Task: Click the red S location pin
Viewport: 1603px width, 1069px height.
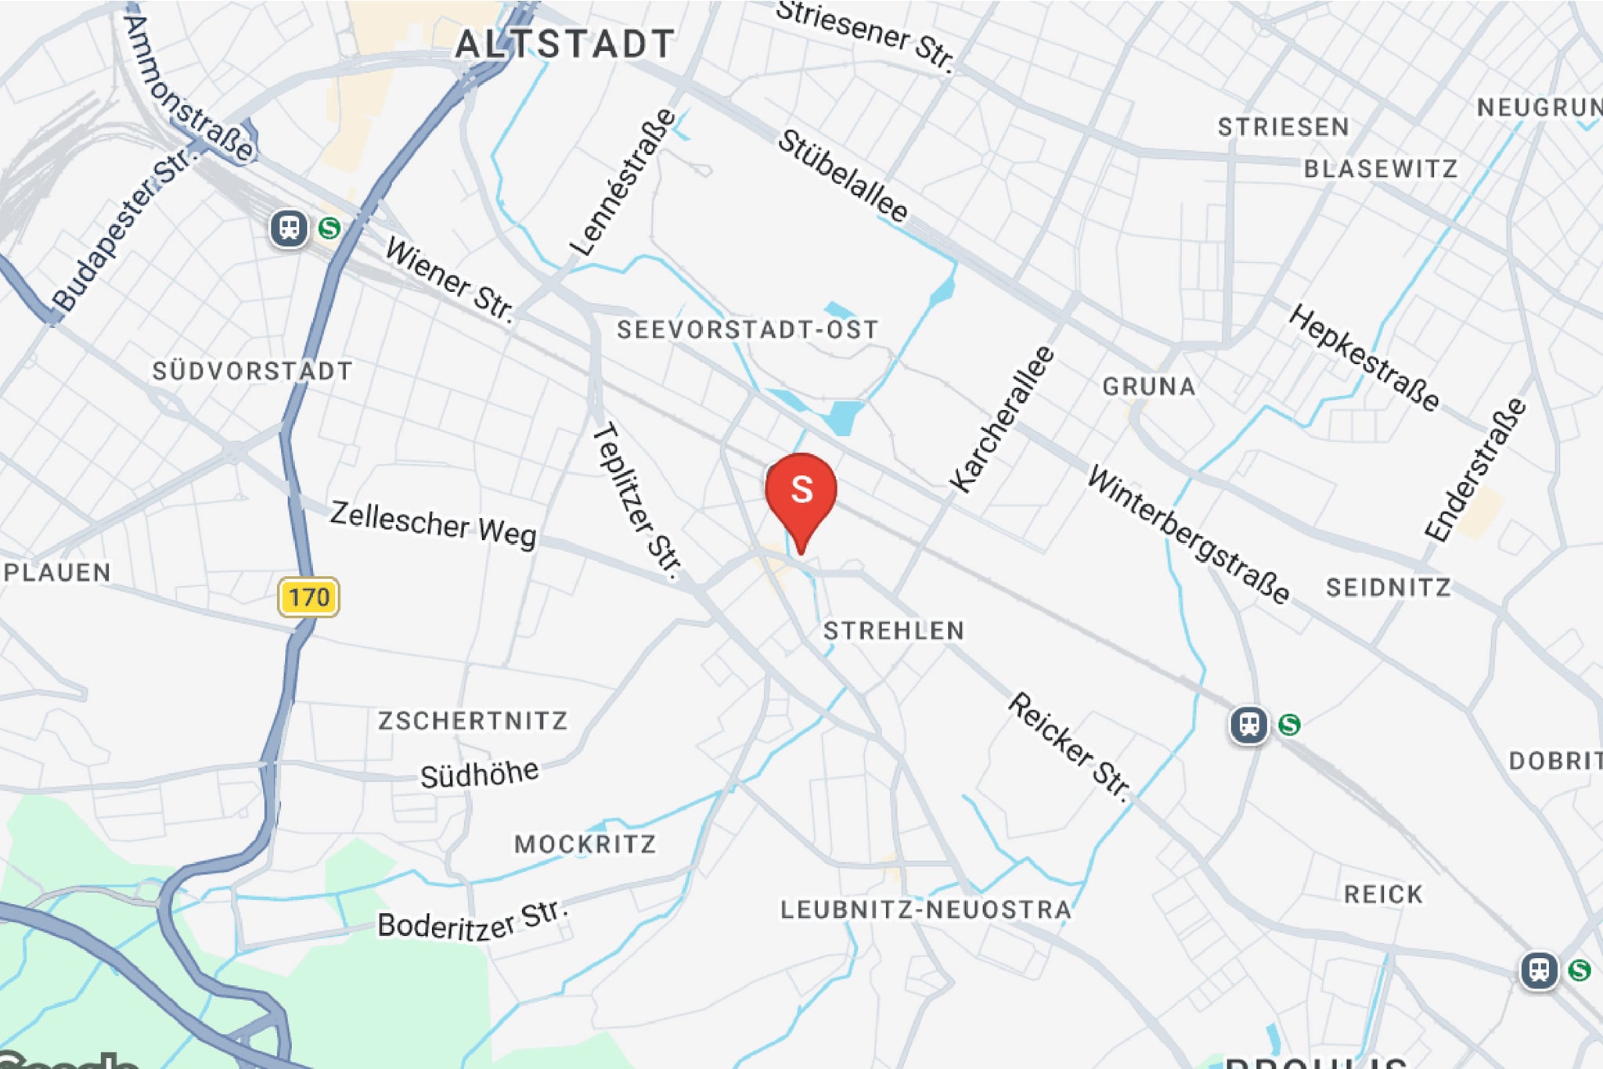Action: click(801, 491)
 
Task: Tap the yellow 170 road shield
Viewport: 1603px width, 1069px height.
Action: click(308, 597)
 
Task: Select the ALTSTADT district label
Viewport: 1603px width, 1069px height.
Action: click(564, 44)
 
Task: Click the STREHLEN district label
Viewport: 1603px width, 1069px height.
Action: click(894, 631)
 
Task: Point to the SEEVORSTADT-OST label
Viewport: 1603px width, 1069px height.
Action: click(747, 329)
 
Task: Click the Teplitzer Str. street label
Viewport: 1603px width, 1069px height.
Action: click(637, 501)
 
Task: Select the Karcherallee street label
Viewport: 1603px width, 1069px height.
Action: click(1001, 419)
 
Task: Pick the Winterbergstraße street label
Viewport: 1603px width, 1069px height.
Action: click(1188, 534)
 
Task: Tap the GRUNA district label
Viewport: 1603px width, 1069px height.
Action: click(1148, 387)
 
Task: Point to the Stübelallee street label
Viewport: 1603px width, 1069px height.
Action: click(842, 176)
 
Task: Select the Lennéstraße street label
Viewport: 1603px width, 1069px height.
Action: click(623, 182)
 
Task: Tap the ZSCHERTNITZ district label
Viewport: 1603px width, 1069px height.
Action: click(473, 720)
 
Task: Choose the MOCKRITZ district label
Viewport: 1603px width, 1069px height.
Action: click(585, 844)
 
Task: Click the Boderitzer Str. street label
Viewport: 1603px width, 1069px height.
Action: click(472, 920)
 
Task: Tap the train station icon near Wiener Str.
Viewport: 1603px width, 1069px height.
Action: click(289, 229)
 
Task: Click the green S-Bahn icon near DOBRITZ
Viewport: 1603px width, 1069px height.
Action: click(1289, 725)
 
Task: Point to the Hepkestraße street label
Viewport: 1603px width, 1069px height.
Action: click(1363, 358)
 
